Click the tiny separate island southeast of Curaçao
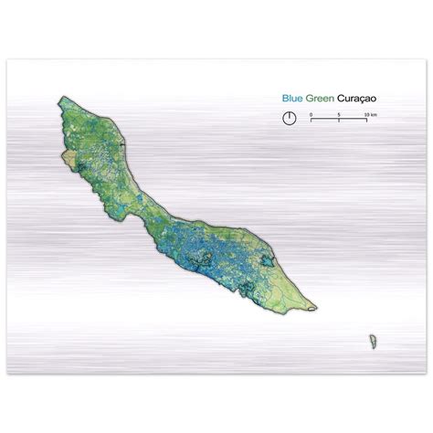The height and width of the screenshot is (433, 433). (373, 341)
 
